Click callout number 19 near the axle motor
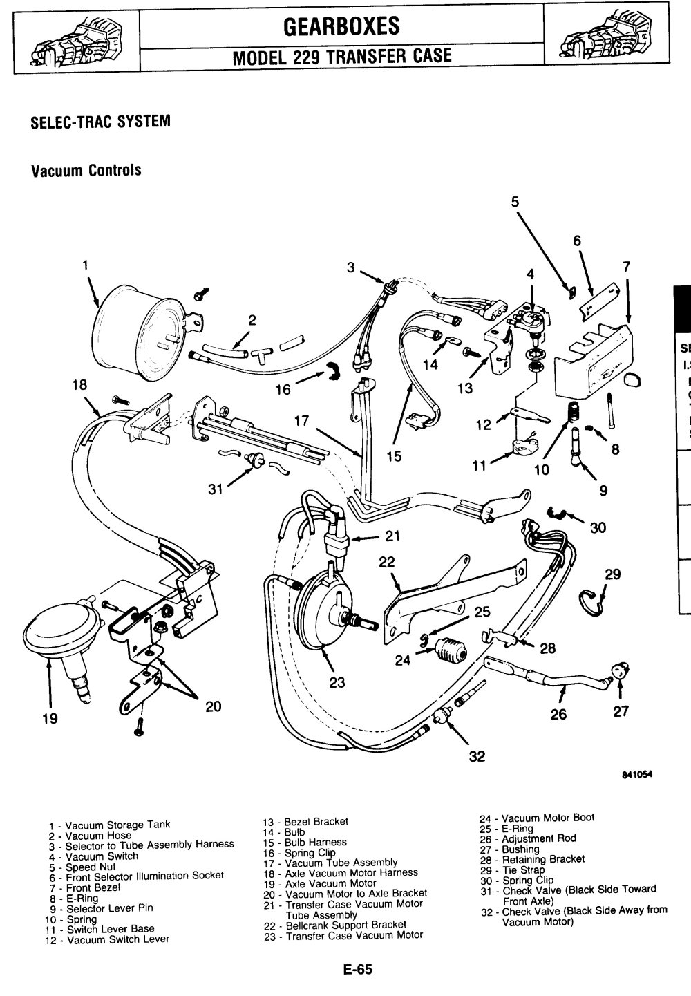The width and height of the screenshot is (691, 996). click(48, 719)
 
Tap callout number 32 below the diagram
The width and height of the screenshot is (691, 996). click(476, 756)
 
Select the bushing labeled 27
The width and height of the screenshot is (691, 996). click(621, 669)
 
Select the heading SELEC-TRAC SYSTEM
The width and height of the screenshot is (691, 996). click(100, 122)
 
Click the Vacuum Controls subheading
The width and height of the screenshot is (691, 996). click(86, 170)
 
